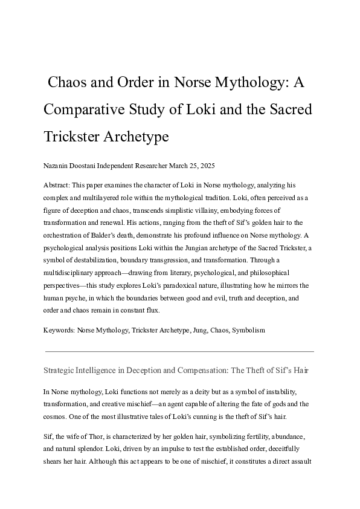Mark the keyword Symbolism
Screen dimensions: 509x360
[247, 331]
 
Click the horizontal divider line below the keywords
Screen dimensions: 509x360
[179, 351]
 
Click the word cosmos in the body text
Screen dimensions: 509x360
[56, 417]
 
